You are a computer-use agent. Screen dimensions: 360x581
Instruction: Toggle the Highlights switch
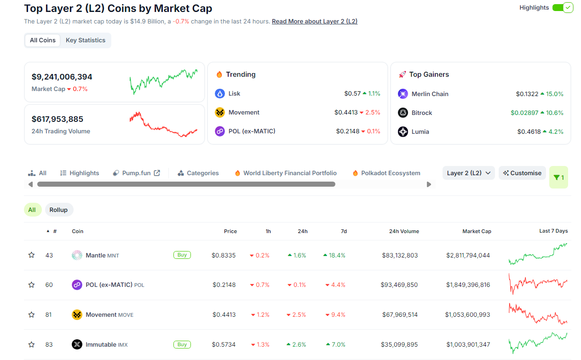tap(562, 8)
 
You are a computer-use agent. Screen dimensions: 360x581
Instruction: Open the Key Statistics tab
tap(86, 40)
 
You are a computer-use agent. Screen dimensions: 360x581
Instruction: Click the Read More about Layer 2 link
tap(315, 21)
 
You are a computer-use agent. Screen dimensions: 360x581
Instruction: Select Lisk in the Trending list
tap(234, 94)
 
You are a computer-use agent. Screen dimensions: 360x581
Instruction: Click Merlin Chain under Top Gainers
tap(430, 94)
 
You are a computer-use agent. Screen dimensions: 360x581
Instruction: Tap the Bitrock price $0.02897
tap(524, 113)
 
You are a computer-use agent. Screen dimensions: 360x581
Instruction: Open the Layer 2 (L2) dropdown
tap(468, 173)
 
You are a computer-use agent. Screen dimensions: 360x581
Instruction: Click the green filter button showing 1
tap(558, 177)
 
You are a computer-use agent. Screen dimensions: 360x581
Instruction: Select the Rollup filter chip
tap(58, 210)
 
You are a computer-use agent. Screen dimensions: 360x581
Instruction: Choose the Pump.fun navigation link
tap(137, 173)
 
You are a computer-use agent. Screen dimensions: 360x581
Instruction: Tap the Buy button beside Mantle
tap(182, 255)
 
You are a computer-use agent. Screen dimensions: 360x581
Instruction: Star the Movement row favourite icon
tap(31, 315)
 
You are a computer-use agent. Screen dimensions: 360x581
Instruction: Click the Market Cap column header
tap(477, 231)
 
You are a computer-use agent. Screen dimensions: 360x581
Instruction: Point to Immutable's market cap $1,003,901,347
tap(467, 344)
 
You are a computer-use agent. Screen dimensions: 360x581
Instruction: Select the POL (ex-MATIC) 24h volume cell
tap(399, 285)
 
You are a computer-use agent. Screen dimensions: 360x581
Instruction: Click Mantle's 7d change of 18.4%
tap(334, 255)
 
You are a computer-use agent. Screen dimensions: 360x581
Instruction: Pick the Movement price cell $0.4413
tap(224, 315)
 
